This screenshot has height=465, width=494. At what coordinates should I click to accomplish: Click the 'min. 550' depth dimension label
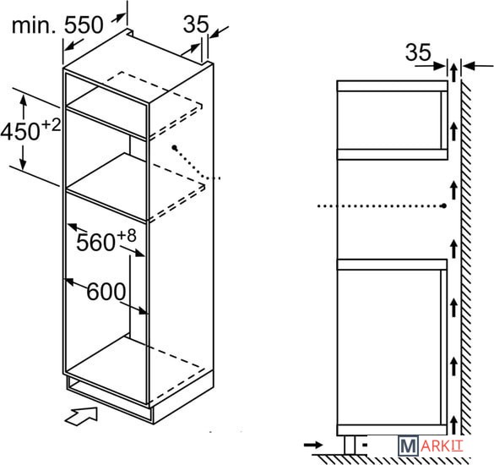coord(57,25)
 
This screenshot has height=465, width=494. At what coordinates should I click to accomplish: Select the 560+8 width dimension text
coord(106,240)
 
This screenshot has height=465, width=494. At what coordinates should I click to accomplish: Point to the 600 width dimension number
coord(106,292)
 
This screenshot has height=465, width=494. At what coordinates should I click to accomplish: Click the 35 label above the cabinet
coord(196,24)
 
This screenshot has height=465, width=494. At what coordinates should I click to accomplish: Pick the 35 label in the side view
coord(418,52)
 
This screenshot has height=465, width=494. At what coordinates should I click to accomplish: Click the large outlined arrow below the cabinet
coord(81,416)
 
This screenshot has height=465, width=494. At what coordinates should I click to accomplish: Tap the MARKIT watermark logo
coord(431,446)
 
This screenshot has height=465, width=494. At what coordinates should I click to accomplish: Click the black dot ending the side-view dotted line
coord(444,206)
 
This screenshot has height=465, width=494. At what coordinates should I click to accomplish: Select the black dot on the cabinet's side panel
coord(174,147)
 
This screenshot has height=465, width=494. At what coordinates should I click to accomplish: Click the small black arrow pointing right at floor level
coord(313,445)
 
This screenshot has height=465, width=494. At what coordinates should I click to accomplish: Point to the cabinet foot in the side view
coord(350,445)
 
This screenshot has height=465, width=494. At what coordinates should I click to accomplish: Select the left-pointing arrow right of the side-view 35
coord(478,66)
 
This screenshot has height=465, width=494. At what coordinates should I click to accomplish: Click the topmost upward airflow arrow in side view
coord(453,72)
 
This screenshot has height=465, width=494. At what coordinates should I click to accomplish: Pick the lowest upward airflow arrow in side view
coord(453,424)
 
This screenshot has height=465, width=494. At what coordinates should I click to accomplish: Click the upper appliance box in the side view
coord(393,120)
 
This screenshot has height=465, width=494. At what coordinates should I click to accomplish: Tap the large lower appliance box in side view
coord(392,347)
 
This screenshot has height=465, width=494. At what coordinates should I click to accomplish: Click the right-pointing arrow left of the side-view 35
coord(431,66)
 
